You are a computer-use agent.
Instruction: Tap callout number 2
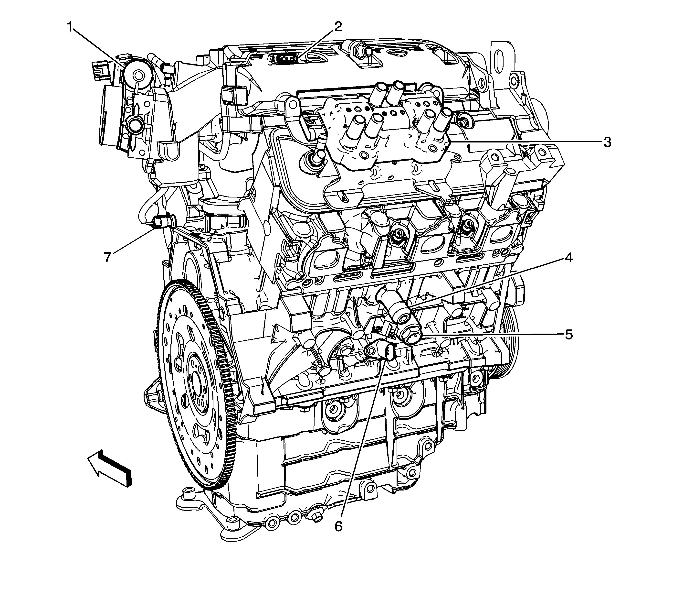[338, 27]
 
